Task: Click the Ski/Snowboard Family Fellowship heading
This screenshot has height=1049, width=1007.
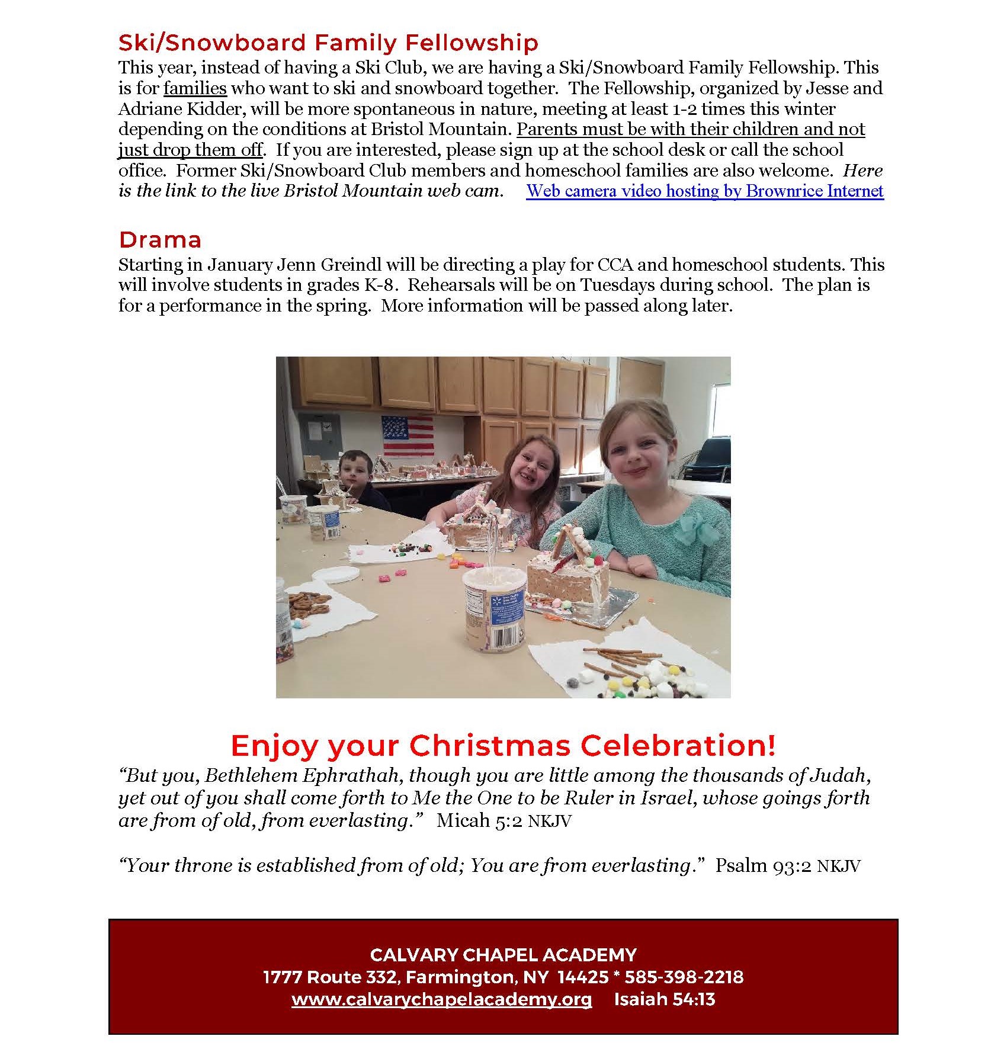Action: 328,43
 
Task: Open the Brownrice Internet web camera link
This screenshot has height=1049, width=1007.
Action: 705,191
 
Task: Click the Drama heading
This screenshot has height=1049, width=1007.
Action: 160,239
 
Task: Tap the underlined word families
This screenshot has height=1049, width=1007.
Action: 195,88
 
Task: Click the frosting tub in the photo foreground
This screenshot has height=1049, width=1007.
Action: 494,609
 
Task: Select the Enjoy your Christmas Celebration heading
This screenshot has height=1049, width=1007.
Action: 503,745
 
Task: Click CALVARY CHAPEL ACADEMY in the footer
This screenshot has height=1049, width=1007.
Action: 503,955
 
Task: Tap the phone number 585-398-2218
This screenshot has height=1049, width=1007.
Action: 684,977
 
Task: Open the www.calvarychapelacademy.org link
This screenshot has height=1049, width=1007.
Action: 441,999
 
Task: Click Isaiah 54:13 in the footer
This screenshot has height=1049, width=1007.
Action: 665,999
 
